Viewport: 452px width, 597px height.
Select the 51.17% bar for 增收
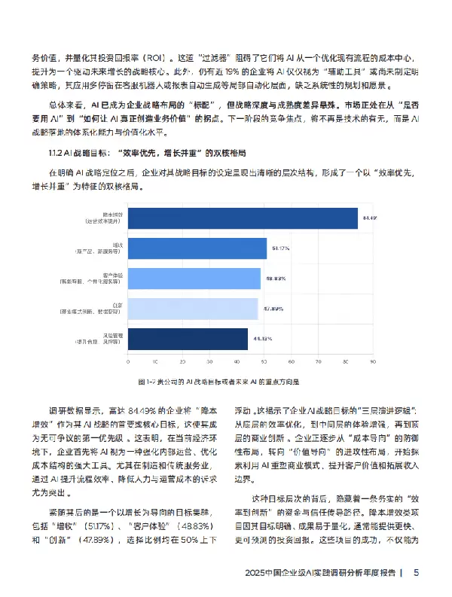click(x=196, y=248)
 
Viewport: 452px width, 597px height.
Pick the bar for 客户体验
click(x=193, y=279)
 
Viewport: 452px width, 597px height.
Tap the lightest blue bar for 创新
click(x=191, y=309)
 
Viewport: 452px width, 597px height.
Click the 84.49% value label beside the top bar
click(x=369, y=218)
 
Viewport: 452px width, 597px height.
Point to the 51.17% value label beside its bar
click(x=279, y=248)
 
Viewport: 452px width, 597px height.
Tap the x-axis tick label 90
click(x=372, y=362)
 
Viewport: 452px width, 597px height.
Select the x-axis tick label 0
click(x=126, y=362)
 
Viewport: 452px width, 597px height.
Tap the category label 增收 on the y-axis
click(x=118, y=245)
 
